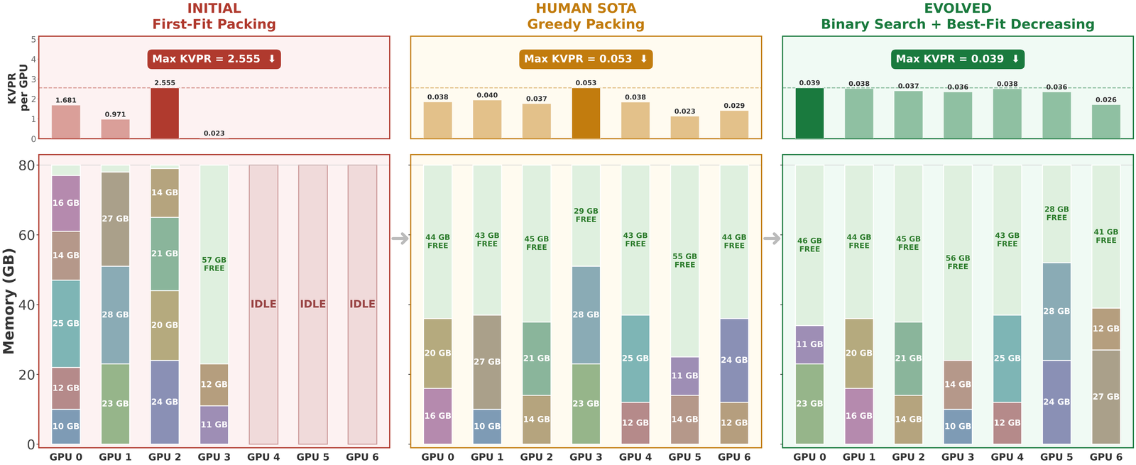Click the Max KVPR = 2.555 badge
point(214,59)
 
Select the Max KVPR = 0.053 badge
point(586,59)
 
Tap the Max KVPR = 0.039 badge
point(958,59)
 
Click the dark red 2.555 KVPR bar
point(165,113)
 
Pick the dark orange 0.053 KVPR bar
point(586,113)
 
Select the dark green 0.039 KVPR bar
point(809,113)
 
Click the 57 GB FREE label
point(214,264)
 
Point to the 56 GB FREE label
point(958,263)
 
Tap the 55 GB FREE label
point(684,261)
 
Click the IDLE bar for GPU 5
point(312,304)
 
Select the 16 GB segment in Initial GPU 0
point(66,203)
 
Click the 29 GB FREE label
point(586,215)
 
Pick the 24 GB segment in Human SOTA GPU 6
point(734,360)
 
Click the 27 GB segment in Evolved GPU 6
point(1106,397)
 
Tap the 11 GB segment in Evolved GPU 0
point(809,344)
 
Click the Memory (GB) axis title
point(9,301)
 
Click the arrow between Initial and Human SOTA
point(400,239)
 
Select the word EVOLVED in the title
point(958,9)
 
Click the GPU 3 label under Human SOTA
point(586,457)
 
